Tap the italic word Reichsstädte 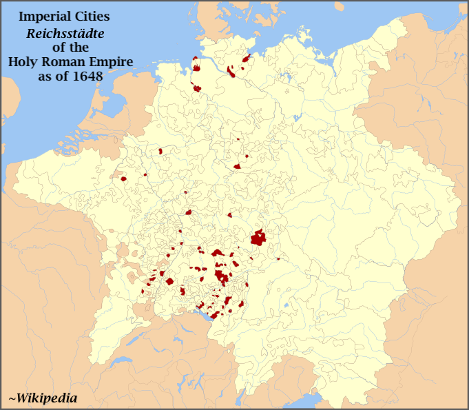click(61, 32)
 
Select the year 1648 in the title click(87, 76)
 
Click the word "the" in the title click(80, 47)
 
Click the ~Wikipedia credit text click(43, 398)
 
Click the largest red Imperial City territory click(258, 238)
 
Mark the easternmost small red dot click(278, 259)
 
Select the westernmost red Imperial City click(124, 179)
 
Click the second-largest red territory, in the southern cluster click(222, 276)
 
